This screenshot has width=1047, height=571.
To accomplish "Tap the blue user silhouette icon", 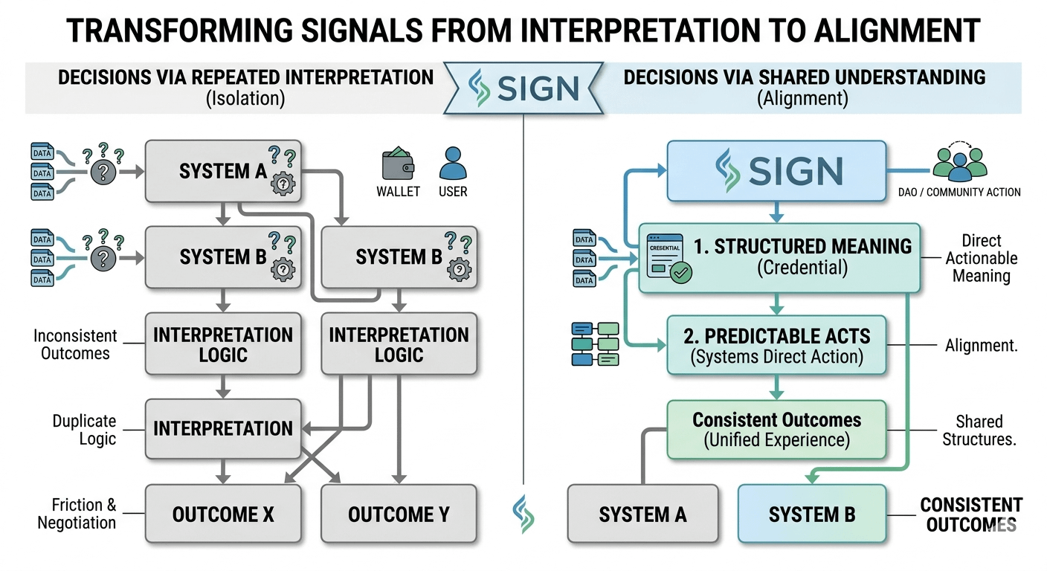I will click(452, 164).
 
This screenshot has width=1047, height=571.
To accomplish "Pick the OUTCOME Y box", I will click(399, 514).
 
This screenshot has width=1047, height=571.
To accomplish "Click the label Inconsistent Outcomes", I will click(75, 344).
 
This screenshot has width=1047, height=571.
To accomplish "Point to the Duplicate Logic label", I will click(84, 430).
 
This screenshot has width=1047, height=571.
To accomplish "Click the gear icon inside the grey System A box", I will click(283, 184).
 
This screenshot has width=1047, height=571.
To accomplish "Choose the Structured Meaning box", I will click(780, 257).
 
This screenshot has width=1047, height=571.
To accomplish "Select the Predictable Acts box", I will click(776, 345).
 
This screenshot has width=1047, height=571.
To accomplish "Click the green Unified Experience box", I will click(776, 430).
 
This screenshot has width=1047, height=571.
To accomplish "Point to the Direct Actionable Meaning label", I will click(981, 258).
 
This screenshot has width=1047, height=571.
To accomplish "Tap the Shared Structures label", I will click(979, 430).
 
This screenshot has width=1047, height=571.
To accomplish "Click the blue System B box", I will click(812, 514).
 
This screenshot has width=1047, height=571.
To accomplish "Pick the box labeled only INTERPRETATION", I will click(223, 428).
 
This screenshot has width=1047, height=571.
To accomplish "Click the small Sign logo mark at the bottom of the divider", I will click(523, 514).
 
